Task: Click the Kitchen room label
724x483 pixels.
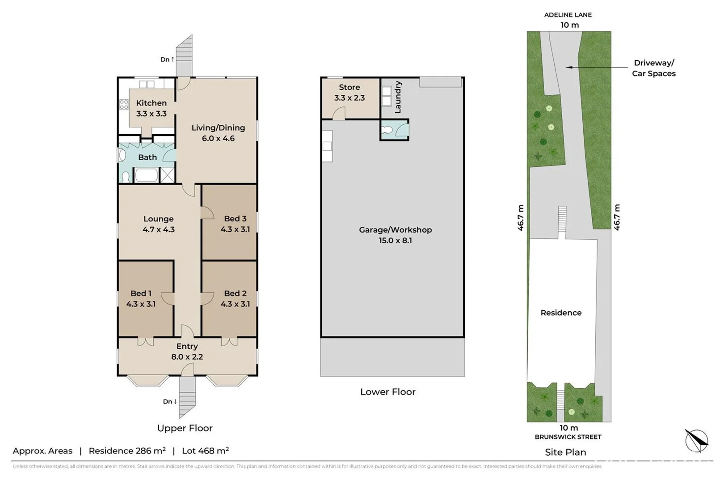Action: (151, 103)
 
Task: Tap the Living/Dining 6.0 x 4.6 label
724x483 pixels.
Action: (218, 133)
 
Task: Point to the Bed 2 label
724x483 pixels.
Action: (235, 293)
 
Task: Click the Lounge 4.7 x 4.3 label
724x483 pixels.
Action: (158, 224)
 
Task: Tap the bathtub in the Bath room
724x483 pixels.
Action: (146, 175)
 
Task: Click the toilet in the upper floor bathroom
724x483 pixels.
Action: (126, 177)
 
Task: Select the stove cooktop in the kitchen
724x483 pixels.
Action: (124, 105)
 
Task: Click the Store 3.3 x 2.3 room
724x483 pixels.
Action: (349, 93)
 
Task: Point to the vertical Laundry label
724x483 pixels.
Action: (398, 97)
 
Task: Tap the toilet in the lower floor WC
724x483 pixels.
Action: (387, 130)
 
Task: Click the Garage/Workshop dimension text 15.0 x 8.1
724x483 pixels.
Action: (395, 241)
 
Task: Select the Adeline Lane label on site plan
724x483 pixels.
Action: (568, 15)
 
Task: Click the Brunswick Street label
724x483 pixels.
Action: (568, 437)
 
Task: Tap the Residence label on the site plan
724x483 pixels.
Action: (561, 313)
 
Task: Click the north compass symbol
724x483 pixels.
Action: (696, 440)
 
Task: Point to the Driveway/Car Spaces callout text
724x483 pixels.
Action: (653, 68)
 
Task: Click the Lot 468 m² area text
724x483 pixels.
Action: (205, 451)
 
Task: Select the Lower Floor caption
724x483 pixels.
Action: (387, 392)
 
